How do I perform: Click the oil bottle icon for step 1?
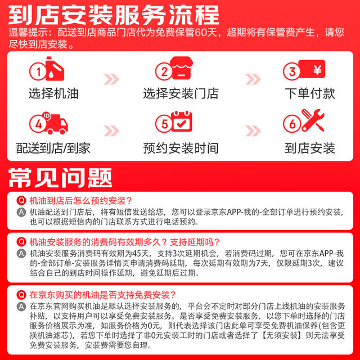click(55, 69)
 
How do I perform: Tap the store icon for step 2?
click(181, 68)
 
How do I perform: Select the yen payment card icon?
click(312, 69)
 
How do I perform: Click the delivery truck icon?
click(56, 123)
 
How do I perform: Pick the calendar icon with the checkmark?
click(182, 121)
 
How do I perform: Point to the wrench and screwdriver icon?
click(313, 120)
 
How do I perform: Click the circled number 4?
click(38, 124)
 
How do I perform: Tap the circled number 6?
click(292, 124)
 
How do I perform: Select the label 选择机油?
click(53, 93)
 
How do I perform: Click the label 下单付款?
click(310, 93)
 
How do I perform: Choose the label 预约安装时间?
click(181, 148)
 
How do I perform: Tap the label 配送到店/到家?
click(53, 148)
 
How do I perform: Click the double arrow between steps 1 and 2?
click(111, 79)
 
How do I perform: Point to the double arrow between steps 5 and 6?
click(253, 131)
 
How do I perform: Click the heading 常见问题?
click(60, 178)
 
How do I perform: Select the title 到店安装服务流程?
click(114, 15)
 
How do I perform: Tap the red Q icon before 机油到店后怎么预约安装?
click(21, 201)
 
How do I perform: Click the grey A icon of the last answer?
click(21, 307)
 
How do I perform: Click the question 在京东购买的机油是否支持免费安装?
click(102, 295)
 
